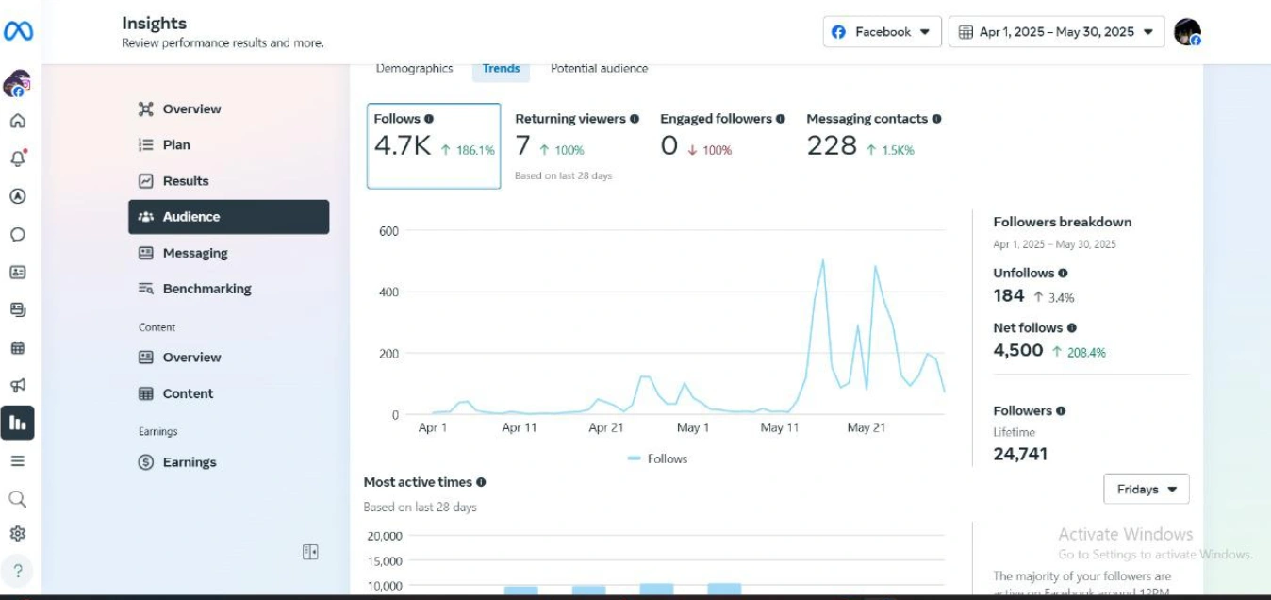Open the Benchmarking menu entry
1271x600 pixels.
point(206,289)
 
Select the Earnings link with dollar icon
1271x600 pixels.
point(189,462)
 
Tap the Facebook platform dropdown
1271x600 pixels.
point(882,32)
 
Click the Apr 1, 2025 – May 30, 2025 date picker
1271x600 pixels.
point(1056,32)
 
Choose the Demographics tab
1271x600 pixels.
point(414,69)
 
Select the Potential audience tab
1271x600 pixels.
point(599,69)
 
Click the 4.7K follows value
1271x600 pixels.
point(403,146)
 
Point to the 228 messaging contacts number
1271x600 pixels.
point(832,146)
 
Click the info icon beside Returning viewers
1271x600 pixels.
point(635,119)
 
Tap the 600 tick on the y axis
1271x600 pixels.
point(388,231)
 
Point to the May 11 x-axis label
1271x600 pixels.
point(779,427)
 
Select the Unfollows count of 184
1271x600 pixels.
point(1009,296)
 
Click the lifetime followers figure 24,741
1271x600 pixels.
point(1020,454)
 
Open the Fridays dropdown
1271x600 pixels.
point(1146,490)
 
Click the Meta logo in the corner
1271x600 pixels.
point(18,32)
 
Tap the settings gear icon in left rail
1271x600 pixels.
point(17,534)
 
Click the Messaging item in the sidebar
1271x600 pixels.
point(194,253)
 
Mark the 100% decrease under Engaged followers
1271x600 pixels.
point(710,150)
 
